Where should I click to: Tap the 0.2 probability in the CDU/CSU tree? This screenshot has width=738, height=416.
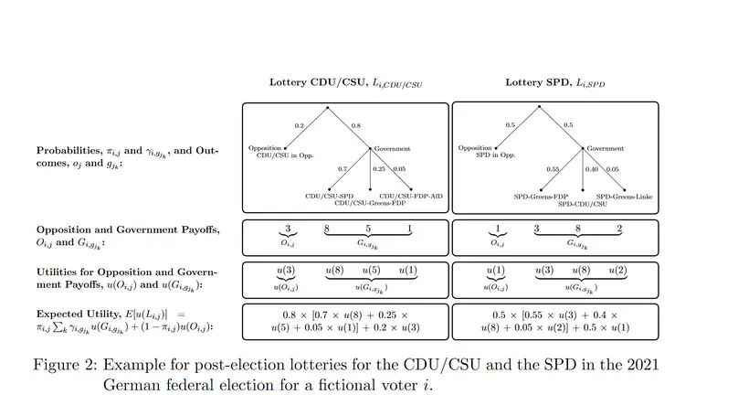[x=300, y=125]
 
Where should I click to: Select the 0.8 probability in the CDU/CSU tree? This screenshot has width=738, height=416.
[x=355, y=125]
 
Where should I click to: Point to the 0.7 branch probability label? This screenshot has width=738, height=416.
[x=343, y=170]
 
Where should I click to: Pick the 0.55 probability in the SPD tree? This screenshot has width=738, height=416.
[x=553, y=170]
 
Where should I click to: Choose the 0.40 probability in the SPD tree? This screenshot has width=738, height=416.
[x=593, y=170]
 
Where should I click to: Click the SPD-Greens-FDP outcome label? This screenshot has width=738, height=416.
[x=541, y=195]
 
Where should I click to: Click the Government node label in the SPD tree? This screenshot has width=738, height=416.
[x=605, y=147]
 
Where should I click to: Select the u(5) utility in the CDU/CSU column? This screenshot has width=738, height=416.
[x=370, y=272]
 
